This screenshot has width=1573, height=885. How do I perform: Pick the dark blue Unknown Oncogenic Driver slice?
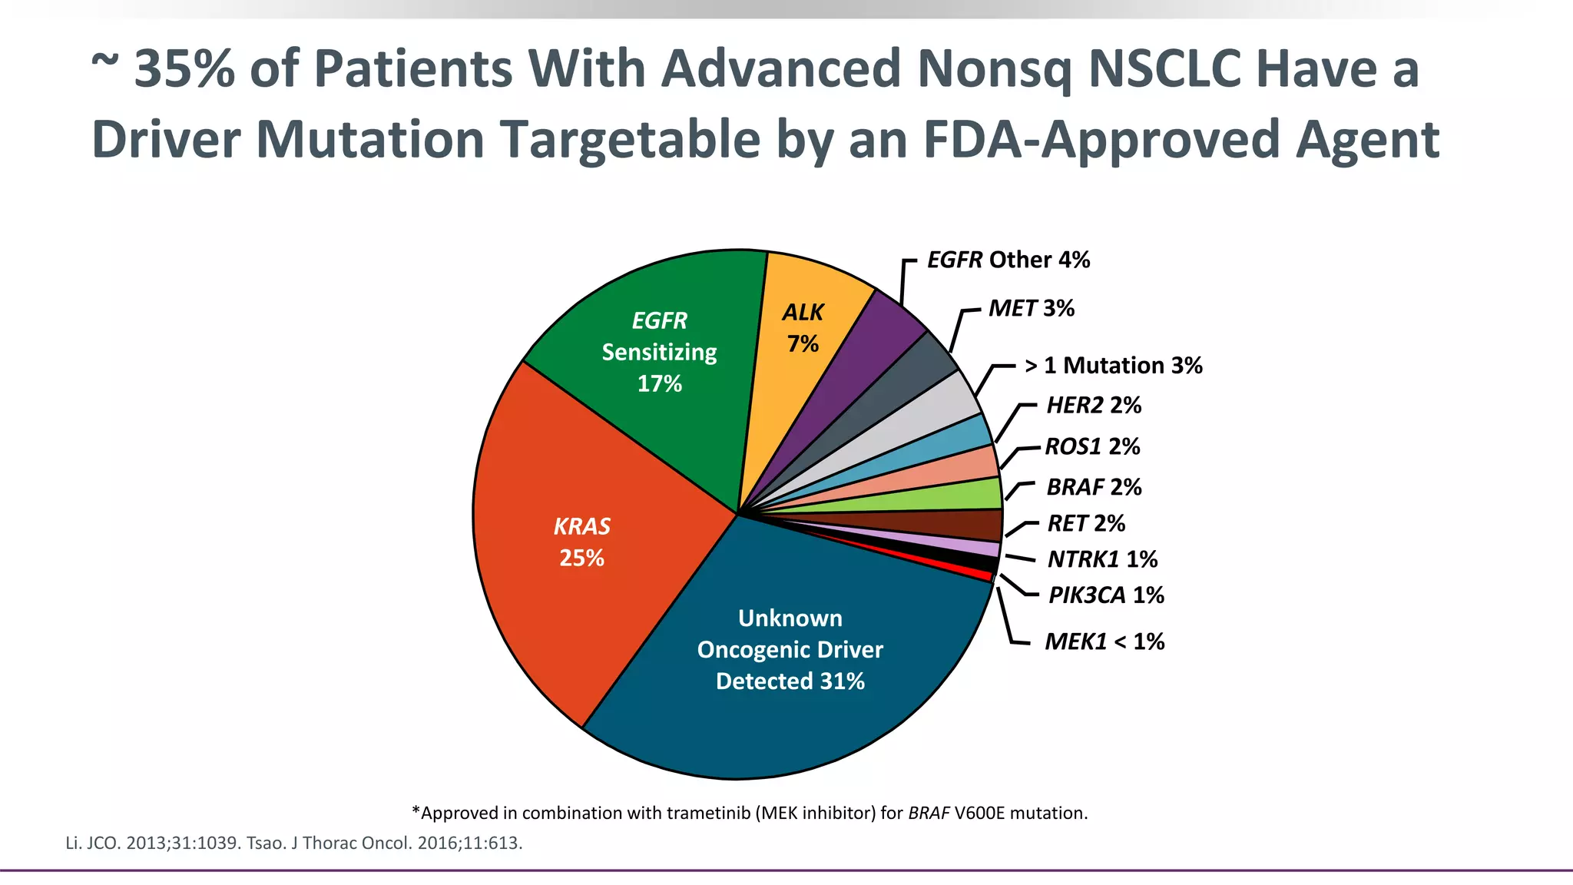(791, 653)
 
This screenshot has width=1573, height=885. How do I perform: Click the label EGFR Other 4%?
(1008, 260)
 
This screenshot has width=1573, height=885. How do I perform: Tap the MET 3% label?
(1031, 309)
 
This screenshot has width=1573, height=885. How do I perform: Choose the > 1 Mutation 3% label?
(1113, 366)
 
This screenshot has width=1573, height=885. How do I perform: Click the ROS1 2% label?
(1092, 447)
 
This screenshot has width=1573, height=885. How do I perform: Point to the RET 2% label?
(1086, 524)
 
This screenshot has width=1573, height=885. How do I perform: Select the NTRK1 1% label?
(1102, 559)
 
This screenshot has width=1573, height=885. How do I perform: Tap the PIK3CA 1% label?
(1106, 595)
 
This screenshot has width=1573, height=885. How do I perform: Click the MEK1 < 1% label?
(1104, 641)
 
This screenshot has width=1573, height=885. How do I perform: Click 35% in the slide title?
(184, 69)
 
